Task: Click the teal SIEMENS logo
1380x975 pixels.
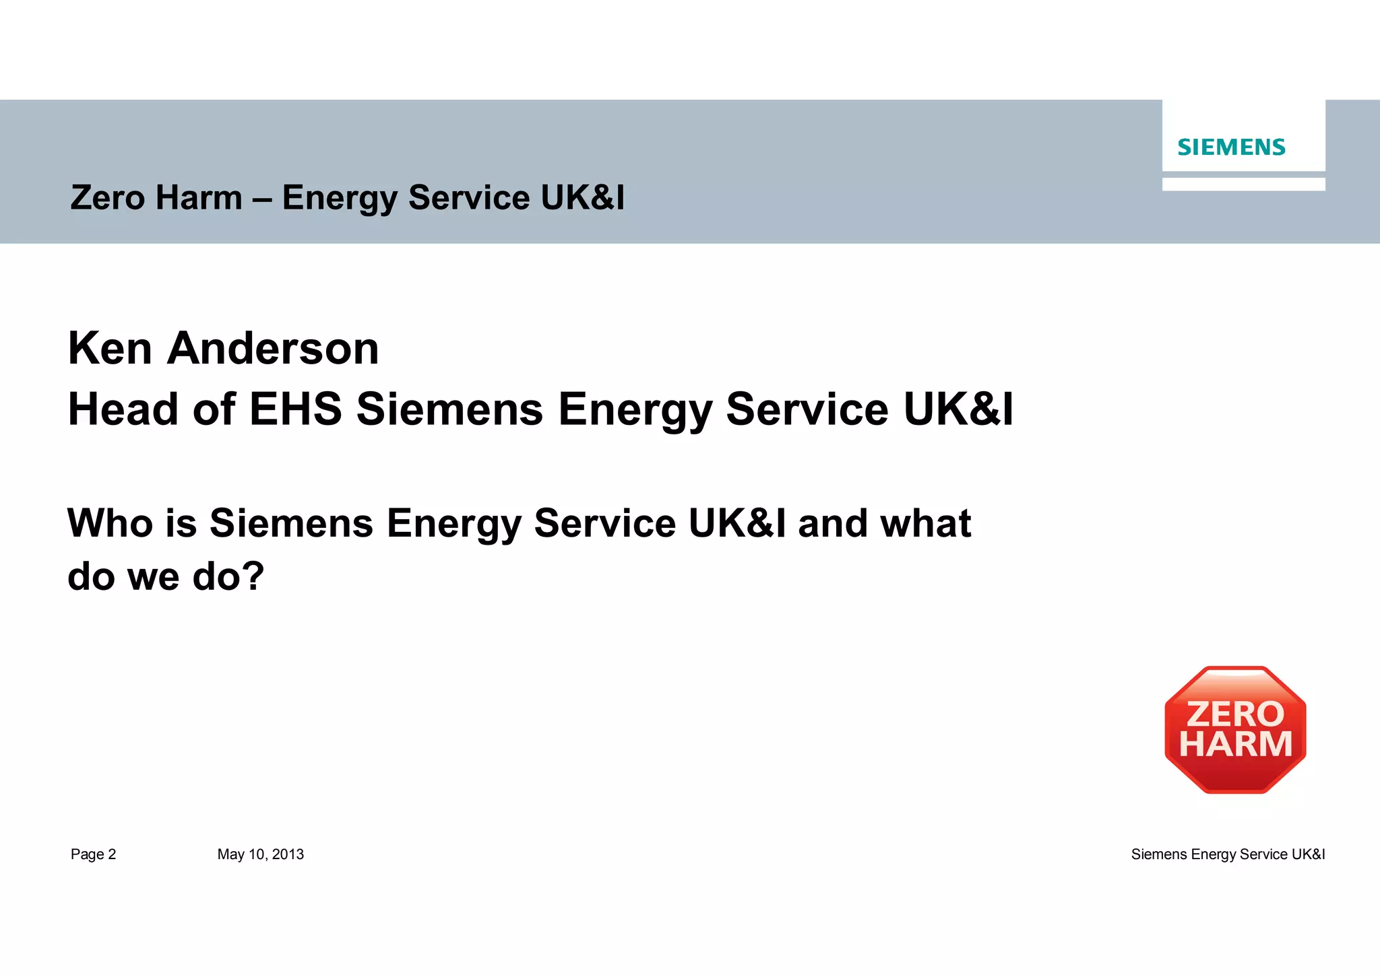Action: pos(1231,147)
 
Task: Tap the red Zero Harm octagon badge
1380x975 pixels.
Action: pos(1235,730)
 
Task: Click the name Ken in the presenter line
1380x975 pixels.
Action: pos(110,349)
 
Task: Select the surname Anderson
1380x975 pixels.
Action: pos(273,349)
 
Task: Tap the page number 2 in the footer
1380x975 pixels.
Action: pos(112,854)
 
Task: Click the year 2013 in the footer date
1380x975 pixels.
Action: pos(288,854)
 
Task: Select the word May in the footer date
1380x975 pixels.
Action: pos(230,854)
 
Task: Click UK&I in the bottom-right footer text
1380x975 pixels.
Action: pos(1308,854)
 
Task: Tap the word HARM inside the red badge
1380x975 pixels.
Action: pos(1235,745)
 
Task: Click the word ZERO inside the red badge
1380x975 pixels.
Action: pos(1235,714)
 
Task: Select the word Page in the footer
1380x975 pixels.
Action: pos(87,854)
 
